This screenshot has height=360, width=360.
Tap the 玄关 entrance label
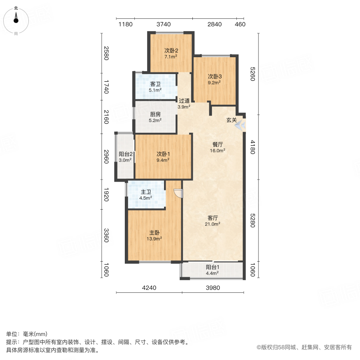[x=232, y=120]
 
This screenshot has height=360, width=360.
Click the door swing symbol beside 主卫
[x=178, y=194]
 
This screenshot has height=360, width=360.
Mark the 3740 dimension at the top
[x=164, y=24]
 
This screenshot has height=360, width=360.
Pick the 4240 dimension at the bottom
[x=149, y=288]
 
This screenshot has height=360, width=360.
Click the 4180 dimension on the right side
[x=252, y=147]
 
